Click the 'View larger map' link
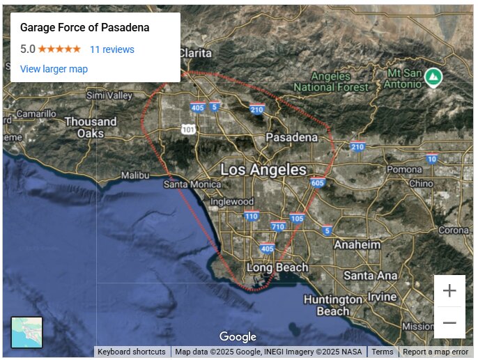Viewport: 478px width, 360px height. click(x=54, y=69)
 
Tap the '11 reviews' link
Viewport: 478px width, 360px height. click(x=111, y=49)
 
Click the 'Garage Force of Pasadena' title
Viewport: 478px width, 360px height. click(x=84, y=28)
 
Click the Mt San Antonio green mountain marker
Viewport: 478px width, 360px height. click(x=433, y=76)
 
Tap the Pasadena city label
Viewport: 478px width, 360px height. click(x=291, y=137)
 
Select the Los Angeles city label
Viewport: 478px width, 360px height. click(x=263, y=169)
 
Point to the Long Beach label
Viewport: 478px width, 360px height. click(x=277, y=267)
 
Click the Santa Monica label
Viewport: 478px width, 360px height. click(x=192, y=185)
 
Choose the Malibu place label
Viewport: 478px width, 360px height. click(x=135, y=175)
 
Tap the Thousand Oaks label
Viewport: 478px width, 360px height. click(x=91, y=127)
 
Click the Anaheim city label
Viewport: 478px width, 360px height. click(x=357, y=245)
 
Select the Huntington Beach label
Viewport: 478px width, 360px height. click(x=333, y=305)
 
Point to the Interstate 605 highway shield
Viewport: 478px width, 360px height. click(x=318, y=182)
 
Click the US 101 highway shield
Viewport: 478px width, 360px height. click(x=187, y=130)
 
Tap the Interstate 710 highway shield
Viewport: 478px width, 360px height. click(x=279, y=226)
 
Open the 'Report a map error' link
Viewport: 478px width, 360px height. click(x=435, y=352)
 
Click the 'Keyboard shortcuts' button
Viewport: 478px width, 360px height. click(x=132, y=352)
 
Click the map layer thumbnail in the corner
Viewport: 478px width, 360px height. click(x=27, y=332)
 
